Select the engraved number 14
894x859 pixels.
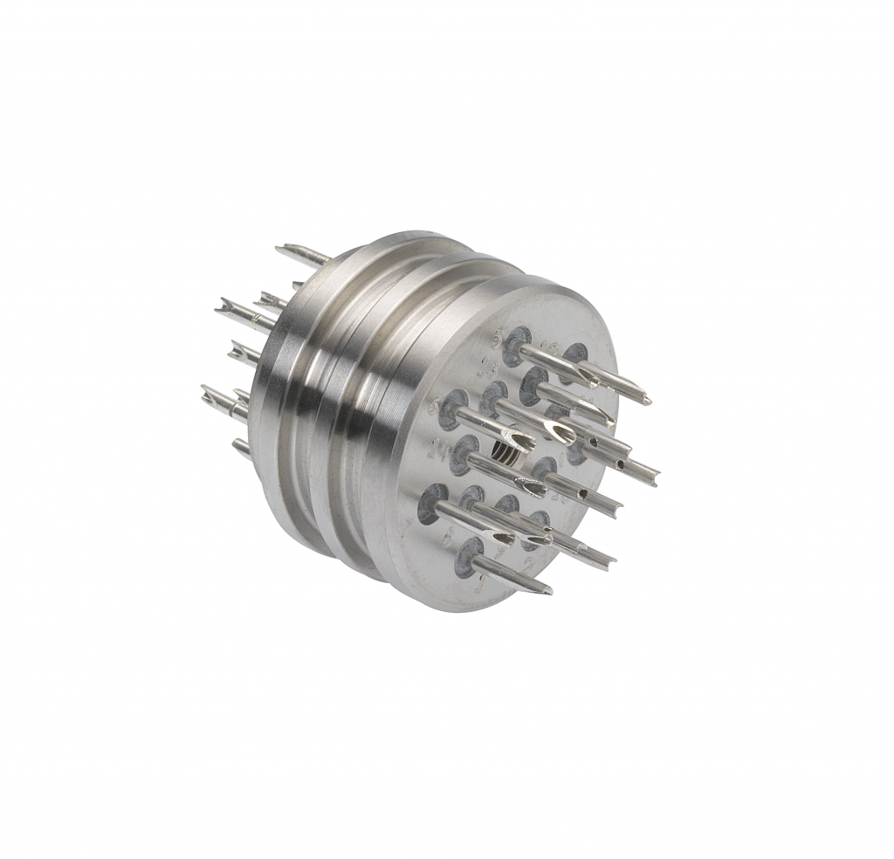click(x=443, y=450)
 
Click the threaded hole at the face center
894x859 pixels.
click(x=504, y=453)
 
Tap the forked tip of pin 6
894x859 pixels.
click(x=520, y=438)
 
